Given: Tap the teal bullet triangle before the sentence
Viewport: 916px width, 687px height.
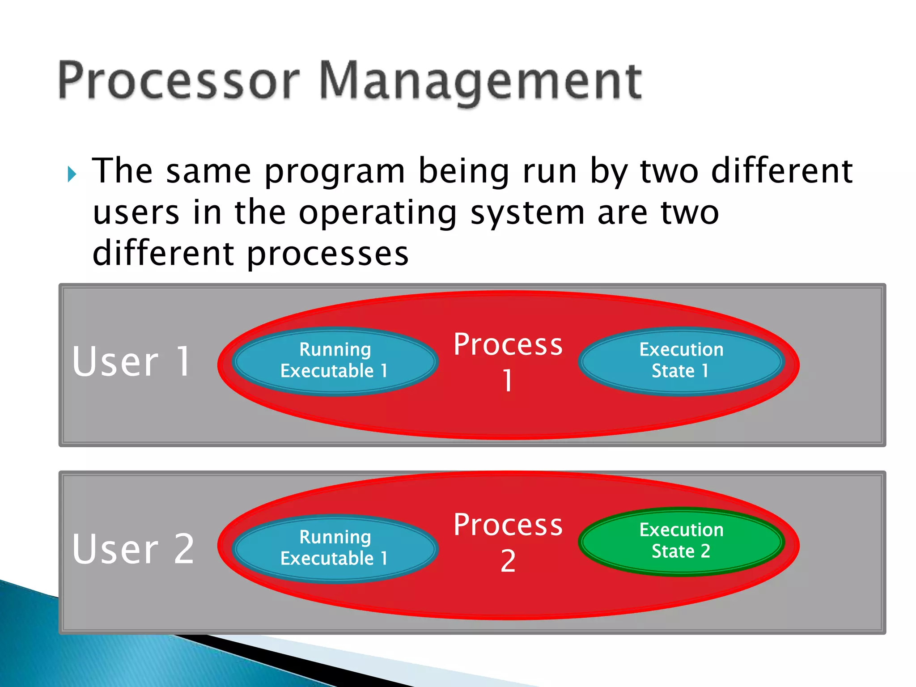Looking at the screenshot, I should tap(72, 174).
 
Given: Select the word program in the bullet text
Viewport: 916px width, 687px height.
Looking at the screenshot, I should tap(335, 172).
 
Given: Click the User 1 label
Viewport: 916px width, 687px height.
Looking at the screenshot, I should tap(132, 361).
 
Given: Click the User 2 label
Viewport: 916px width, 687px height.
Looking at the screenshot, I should tap(133, 549).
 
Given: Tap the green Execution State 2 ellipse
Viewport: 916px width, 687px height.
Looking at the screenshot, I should tap(681, 541).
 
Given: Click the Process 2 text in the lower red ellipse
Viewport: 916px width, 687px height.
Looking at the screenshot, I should tap(508, 526).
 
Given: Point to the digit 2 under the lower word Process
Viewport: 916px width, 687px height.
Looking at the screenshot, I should tap(508, 561).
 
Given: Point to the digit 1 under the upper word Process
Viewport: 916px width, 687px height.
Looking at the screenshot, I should tap(507, 381).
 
